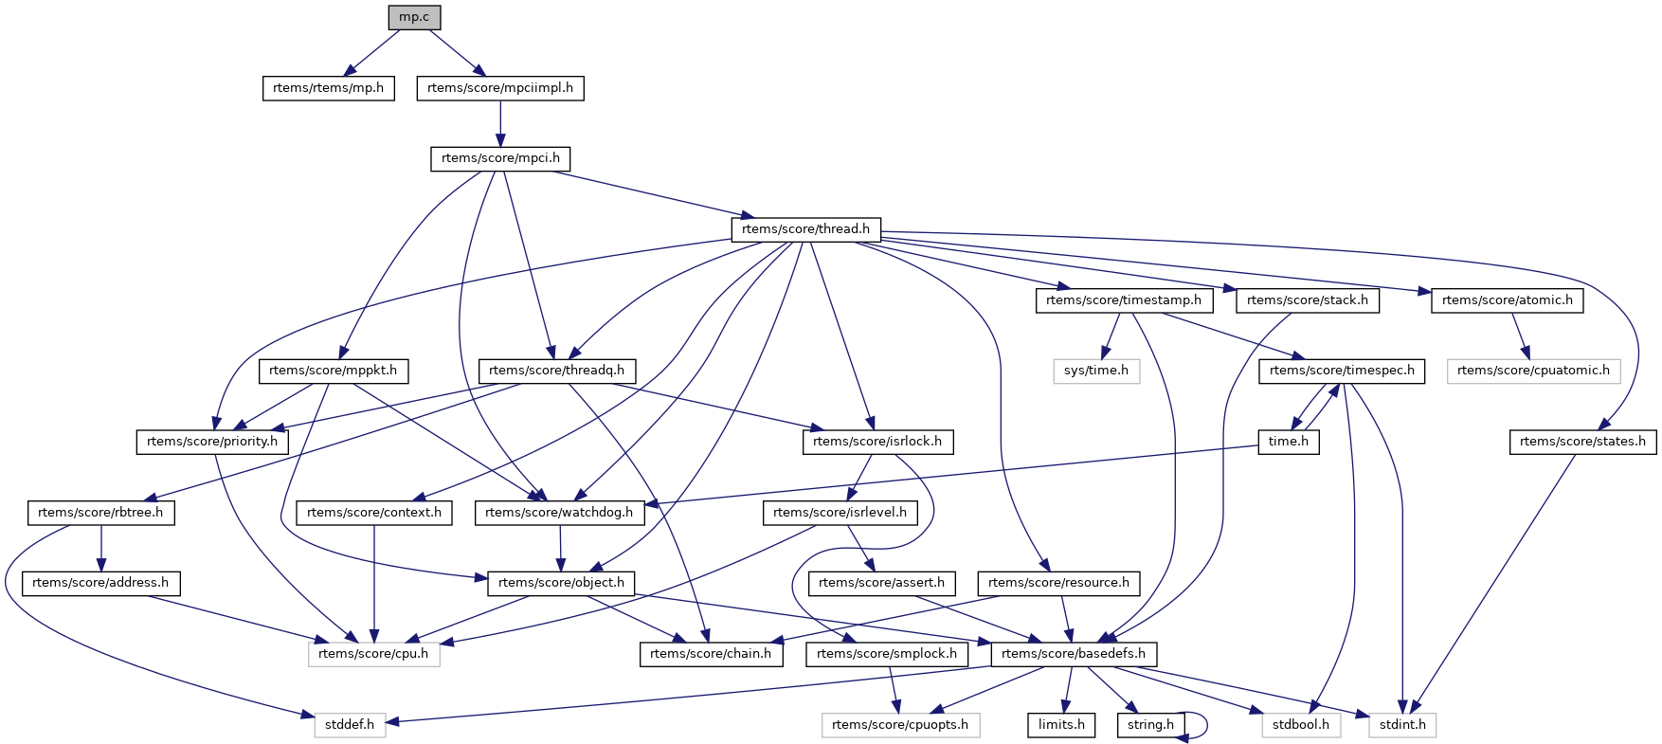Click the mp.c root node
414,17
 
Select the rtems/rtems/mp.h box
328,88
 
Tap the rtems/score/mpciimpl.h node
500,88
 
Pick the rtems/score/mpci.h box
500,158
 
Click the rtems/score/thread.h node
805,229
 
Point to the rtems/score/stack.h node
1308,300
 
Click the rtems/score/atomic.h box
1507,300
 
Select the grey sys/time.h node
1095,371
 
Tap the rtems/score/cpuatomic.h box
1533,371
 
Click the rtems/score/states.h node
1582,442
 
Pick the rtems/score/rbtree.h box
100,513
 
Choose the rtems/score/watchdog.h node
559,513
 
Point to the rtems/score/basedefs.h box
1073,654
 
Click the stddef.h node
350,725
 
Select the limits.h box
1061,725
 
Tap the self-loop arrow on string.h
1205,725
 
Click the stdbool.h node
1301,725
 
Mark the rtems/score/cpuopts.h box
900,725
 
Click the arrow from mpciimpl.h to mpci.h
500,123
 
